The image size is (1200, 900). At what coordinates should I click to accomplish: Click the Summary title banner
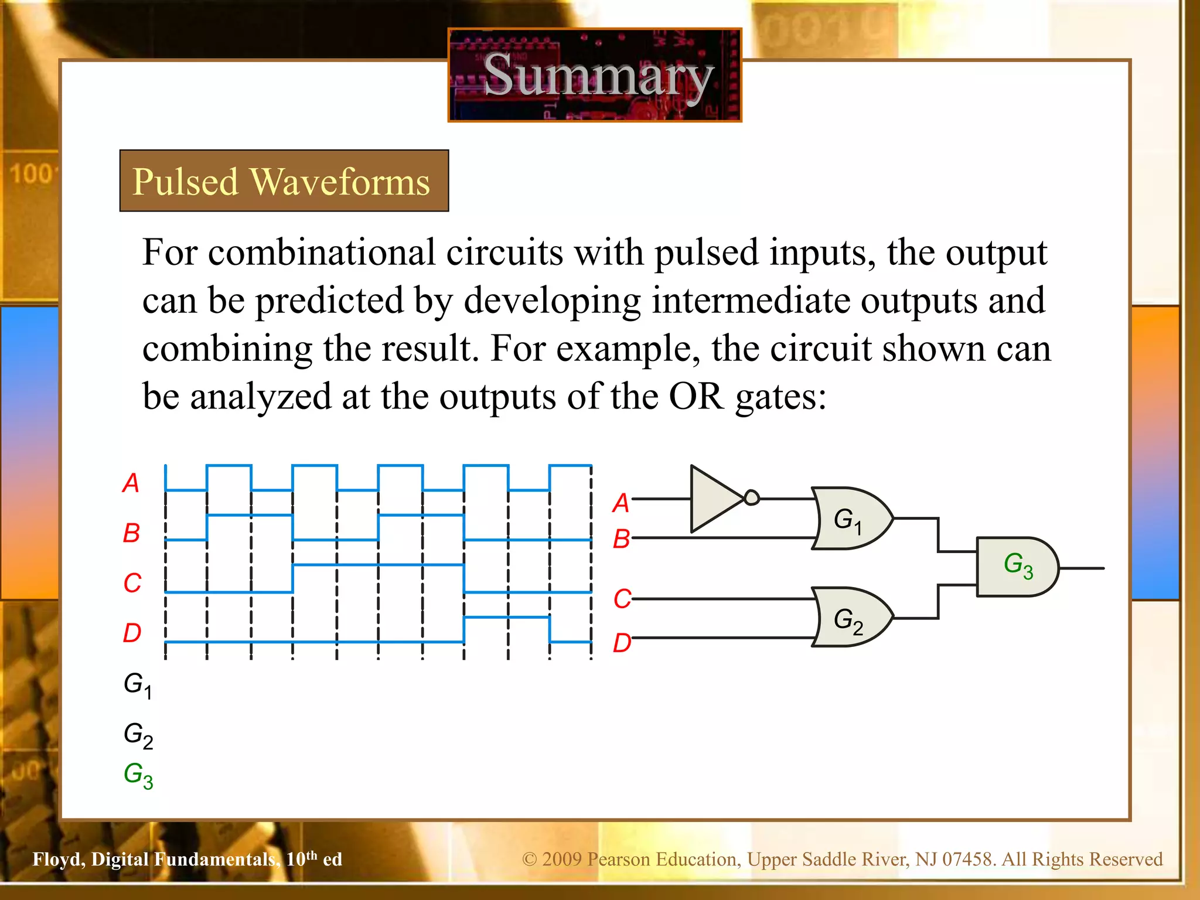pyautogui.click(x=595, y=75)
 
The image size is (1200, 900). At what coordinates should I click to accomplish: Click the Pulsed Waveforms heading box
pyautogui.click(x=284, y=180)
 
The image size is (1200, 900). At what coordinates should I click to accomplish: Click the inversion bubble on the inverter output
pyautogui.click(x=752, y=498)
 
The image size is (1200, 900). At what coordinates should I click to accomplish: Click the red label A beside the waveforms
pyautogui.click(x=131, y=483)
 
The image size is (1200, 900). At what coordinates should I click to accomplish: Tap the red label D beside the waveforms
pyautogui.click(x=132, y=633)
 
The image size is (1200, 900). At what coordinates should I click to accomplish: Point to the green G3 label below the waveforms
pyautogui.click(x=138, y=775)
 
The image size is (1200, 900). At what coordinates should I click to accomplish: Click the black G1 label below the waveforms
pyautogui.click(x=138, y=685)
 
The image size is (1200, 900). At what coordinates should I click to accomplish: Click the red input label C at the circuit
pyautogui.click(x=622, y=599)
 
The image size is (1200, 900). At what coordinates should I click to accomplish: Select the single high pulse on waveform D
pyautogui.click(x=507, y=618)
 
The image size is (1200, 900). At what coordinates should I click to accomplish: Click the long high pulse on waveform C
pyautogui.click(x=378, y=565)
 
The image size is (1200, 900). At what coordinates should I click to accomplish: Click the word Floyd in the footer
pyautogui.click(x=58, y=860)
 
